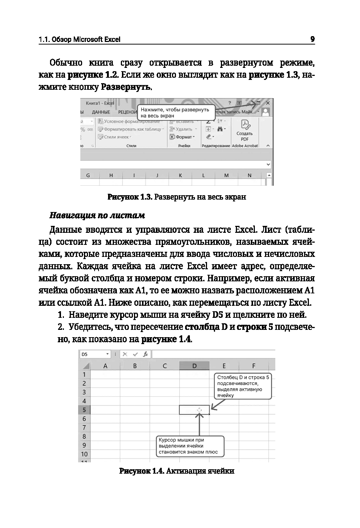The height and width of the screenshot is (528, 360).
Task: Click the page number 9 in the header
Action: (x=312, y=39)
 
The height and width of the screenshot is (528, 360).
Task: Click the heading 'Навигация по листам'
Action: (x=97, y=216)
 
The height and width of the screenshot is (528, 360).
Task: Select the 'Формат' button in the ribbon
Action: (x=183, y=137)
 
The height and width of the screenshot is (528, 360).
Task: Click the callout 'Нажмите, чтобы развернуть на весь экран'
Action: (x=175, y=112)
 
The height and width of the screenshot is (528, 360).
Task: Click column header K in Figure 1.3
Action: (x=180, y=176)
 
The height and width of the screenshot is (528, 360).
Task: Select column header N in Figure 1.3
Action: (x=250, y=176)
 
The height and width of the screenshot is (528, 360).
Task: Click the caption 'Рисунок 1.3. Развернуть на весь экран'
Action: (x=177, y=197)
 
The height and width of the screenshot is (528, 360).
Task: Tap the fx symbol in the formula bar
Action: (x=145, y=354)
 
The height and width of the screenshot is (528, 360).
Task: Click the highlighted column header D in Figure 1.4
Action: (x=194, y=366)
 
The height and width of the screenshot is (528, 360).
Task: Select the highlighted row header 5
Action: (x=84, y=410)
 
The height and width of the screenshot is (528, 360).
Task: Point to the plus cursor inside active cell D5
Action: (x=199, y=410)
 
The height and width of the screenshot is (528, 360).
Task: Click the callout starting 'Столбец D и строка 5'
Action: (x=243, y=386)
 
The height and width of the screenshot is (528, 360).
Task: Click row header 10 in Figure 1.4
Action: (x=84, y=454)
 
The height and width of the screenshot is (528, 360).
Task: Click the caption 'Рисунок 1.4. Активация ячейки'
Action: (x=177, y=471)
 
